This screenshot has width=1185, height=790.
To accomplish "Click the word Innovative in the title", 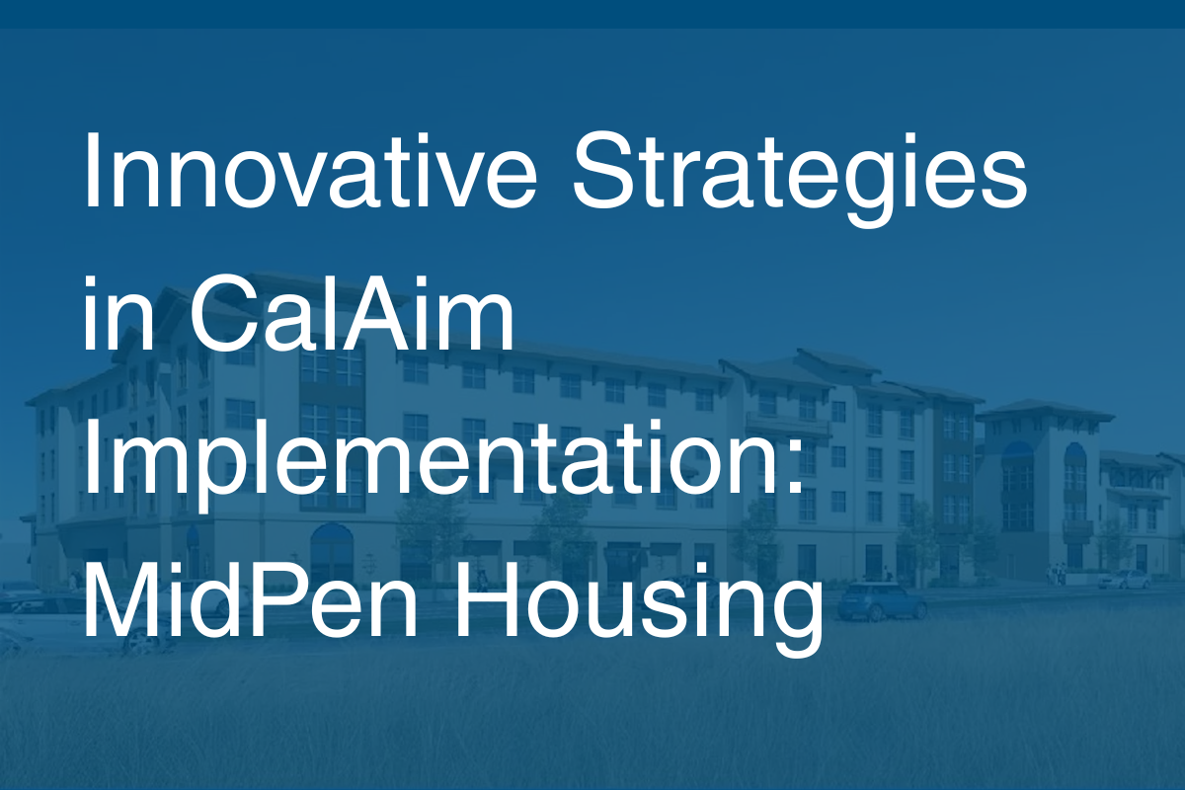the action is tap(310, 171).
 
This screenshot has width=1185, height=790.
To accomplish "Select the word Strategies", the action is tap(799, 179).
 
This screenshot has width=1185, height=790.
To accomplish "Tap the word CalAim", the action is tap(351, 312).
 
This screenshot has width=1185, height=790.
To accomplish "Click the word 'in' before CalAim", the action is tap(119, 313).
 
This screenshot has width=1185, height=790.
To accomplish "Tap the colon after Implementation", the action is tap(793, 465).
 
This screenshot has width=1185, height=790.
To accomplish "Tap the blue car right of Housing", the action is tap(882, 601).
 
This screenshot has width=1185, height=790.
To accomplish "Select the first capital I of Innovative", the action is tap(90, 171).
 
